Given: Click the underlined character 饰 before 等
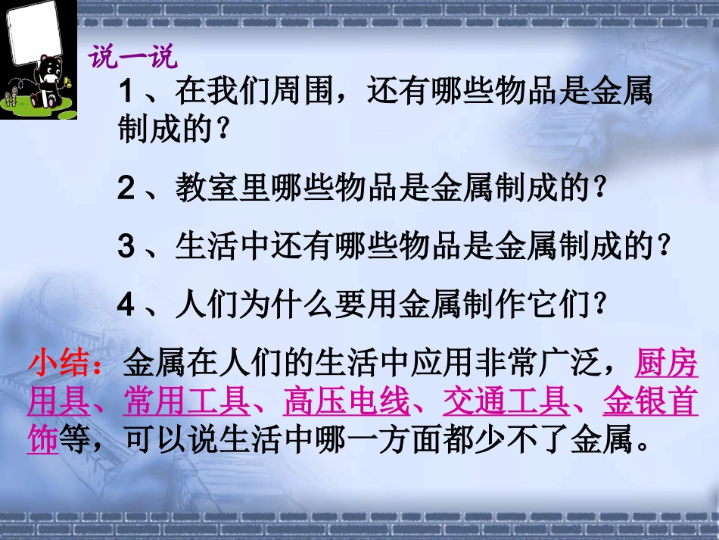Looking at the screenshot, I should coord(42,440).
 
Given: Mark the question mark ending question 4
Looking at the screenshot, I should coord(599,306).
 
